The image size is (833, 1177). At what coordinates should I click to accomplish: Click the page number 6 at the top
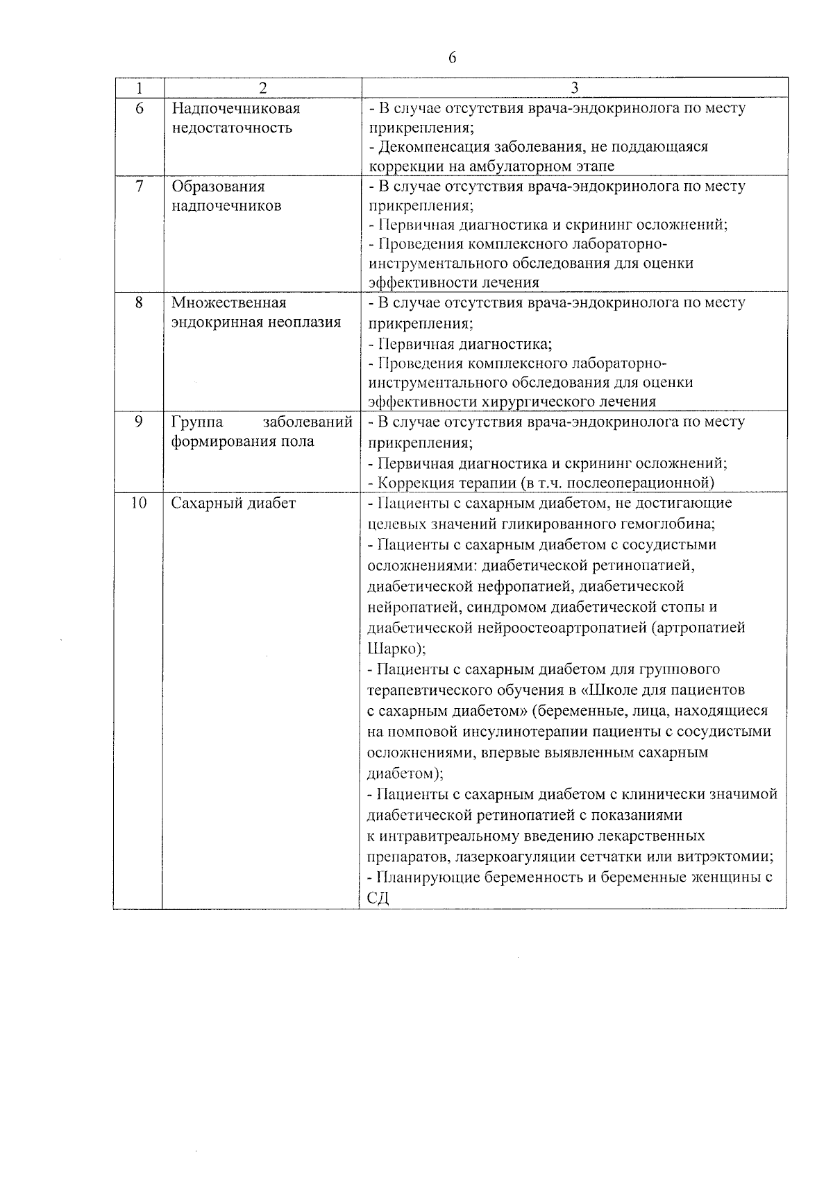pos(453,58)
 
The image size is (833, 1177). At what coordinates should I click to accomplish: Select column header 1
pos(139,88)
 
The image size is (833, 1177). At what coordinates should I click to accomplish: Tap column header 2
pos(262,88)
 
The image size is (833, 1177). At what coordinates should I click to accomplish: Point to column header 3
pos(574,88)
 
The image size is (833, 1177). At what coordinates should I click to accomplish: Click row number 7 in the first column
pos(139,187)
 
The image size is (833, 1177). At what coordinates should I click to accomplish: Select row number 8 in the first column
pos(139,303)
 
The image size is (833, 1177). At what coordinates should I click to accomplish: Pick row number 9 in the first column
pos(139,422)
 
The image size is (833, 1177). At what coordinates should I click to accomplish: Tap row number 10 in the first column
pos(139,503)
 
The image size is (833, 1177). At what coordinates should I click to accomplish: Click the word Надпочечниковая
pos(236,109)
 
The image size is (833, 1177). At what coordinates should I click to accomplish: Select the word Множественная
pos(229,303)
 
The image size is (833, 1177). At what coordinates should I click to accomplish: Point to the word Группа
pos(197,422)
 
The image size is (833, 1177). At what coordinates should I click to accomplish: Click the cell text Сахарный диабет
pos(234,503)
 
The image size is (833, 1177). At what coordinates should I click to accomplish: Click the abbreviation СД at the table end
pos(378,898)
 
